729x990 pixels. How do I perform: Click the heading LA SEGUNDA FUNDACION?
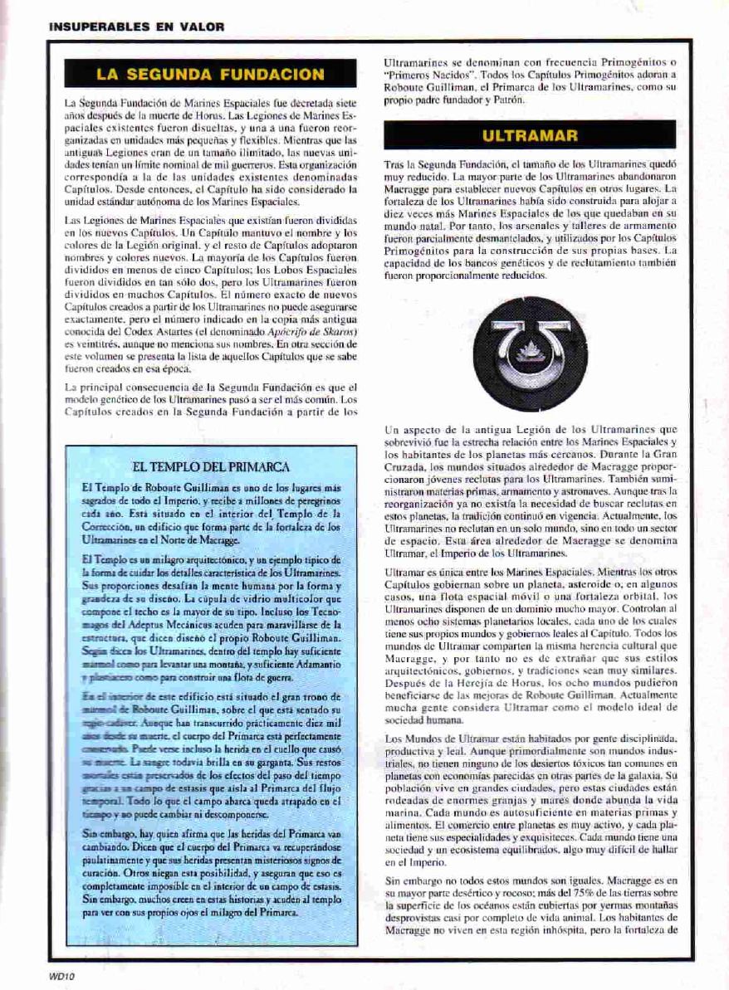coord(210,75)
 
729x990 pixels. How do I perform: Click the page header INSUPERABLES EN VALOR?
coord(136,27)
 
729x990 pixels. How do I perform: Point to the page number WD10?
coord(62,977)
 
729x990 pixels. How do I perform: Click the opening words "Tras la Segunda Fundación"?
coord(439,167)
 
